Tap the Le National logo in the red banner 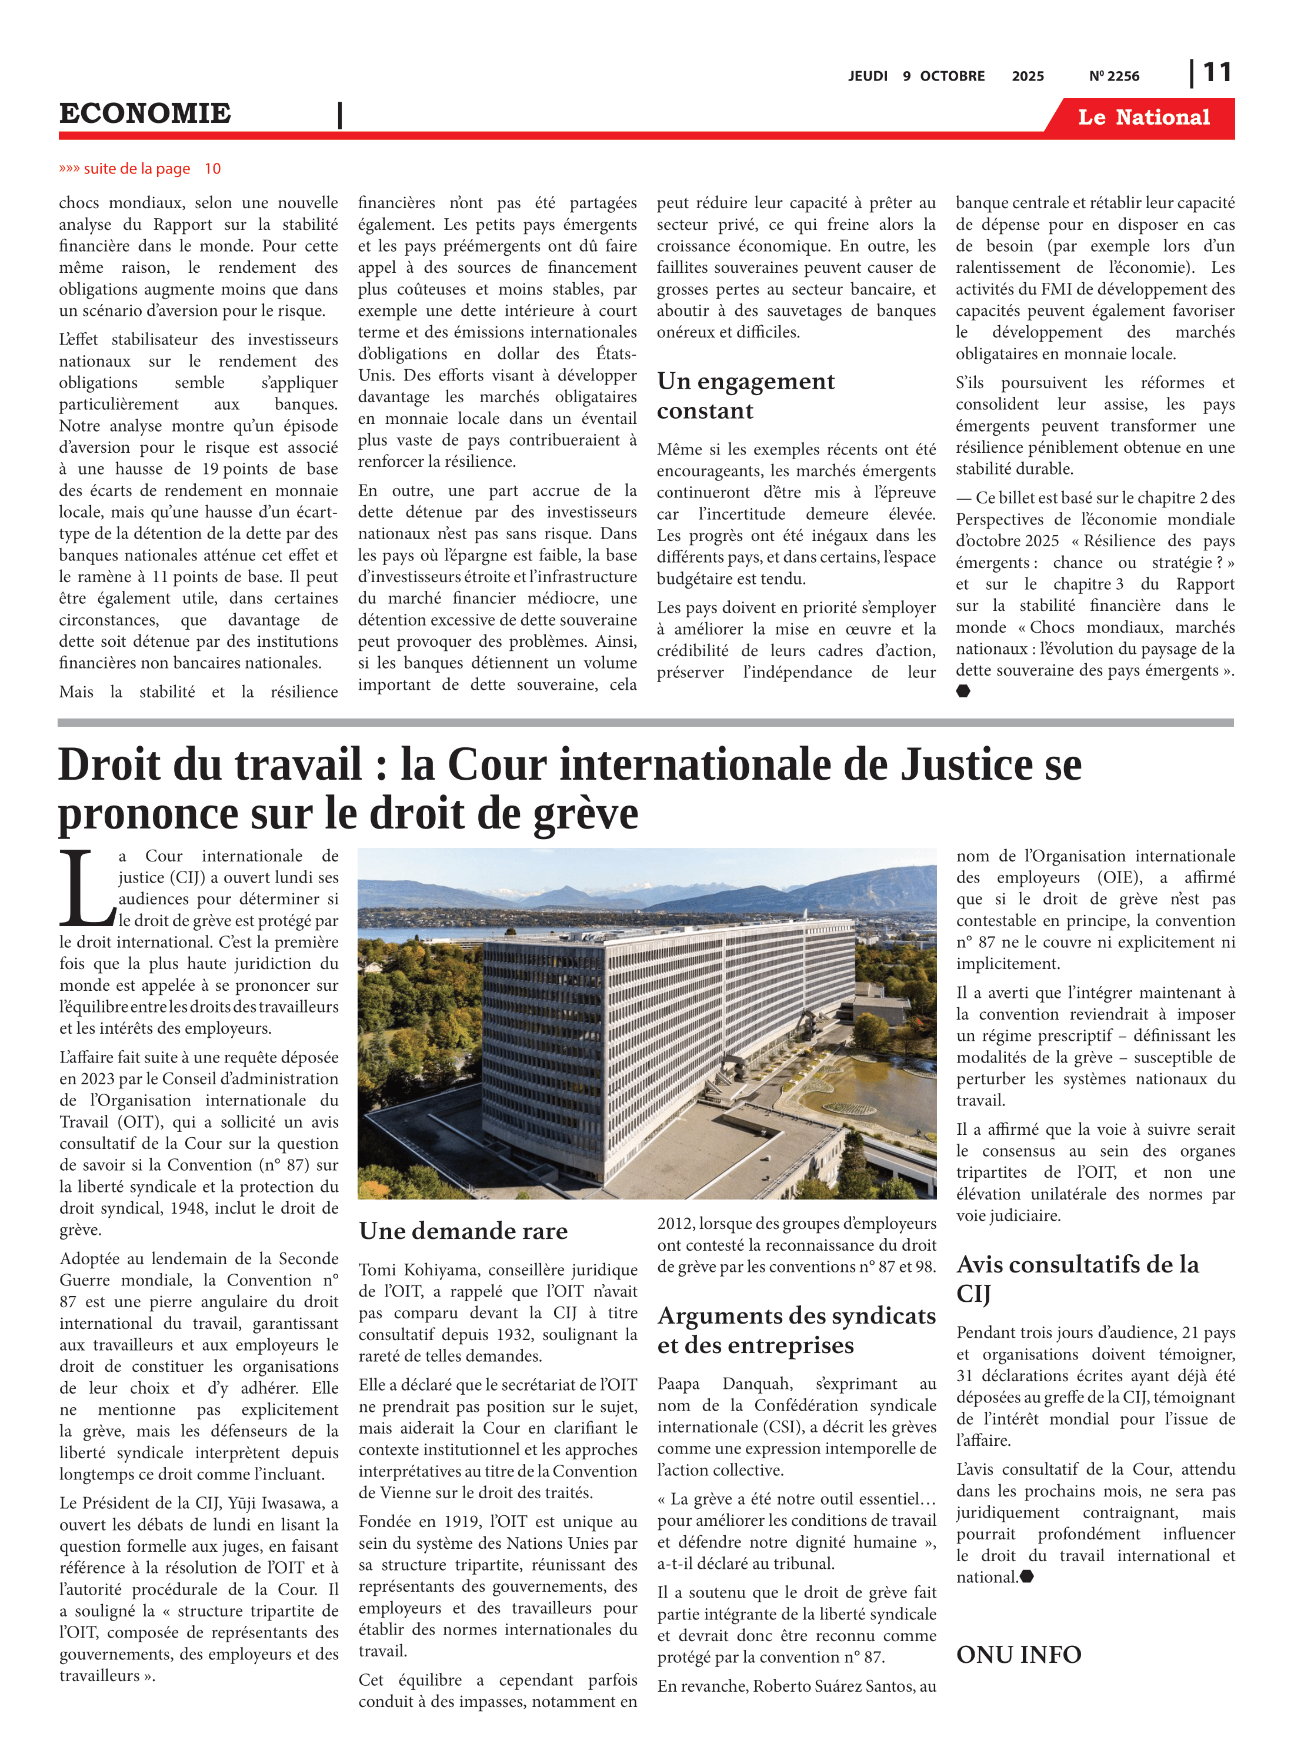(1143, 118)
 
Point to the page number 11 (1216, 73)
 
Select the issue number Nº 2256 (1114, 76)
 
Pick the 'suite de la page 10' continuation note (139, 168)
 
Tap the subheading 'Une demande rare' (463, 1231)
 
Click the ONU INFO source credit (1018, 1655)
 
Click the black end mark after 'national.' (1027, 1577)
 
